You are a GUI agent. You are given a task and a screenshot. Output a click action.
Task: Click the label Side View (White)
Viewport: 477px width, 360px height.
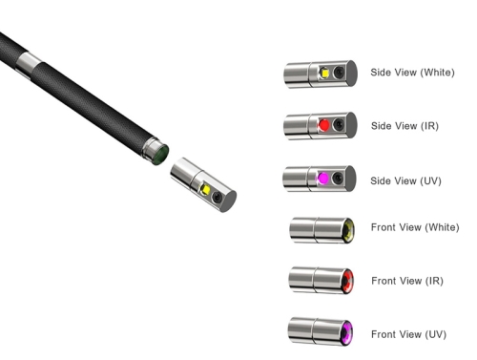(412, 73)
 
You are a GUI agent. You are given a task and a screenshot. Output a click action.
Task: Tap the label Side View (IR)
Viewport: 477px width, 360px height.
(404, 126)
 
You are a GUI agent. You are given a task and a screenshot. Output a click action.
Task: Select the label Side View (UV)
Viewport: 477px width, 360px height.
(405, 180)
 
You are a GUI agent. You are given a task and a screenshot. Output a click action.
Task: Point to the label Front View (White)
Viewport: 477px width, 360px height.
(415, 227)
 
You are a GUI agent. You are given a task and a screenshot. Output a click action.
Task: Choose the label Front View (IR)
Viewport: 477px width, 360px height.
(407, 281)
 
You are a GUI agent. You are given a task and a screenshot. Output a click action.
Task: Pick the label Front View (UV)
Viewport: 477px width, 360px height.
(408, 334)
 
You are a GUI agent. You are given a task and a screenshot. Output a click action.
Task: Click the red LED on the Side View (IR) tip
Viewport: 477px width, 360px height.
(323, 125)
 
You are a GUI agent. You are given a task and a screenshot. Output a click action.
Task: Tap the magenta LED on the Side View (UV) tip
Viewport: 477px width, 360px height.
(322, 179)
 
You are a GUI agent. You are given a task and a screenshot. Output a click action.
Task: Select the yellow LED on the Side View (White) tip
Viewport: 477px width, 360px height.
(324, 73)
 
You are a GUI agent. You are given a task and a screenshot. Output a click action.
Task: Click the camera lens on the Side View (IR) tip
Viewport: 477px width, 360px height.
(339, 124)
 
